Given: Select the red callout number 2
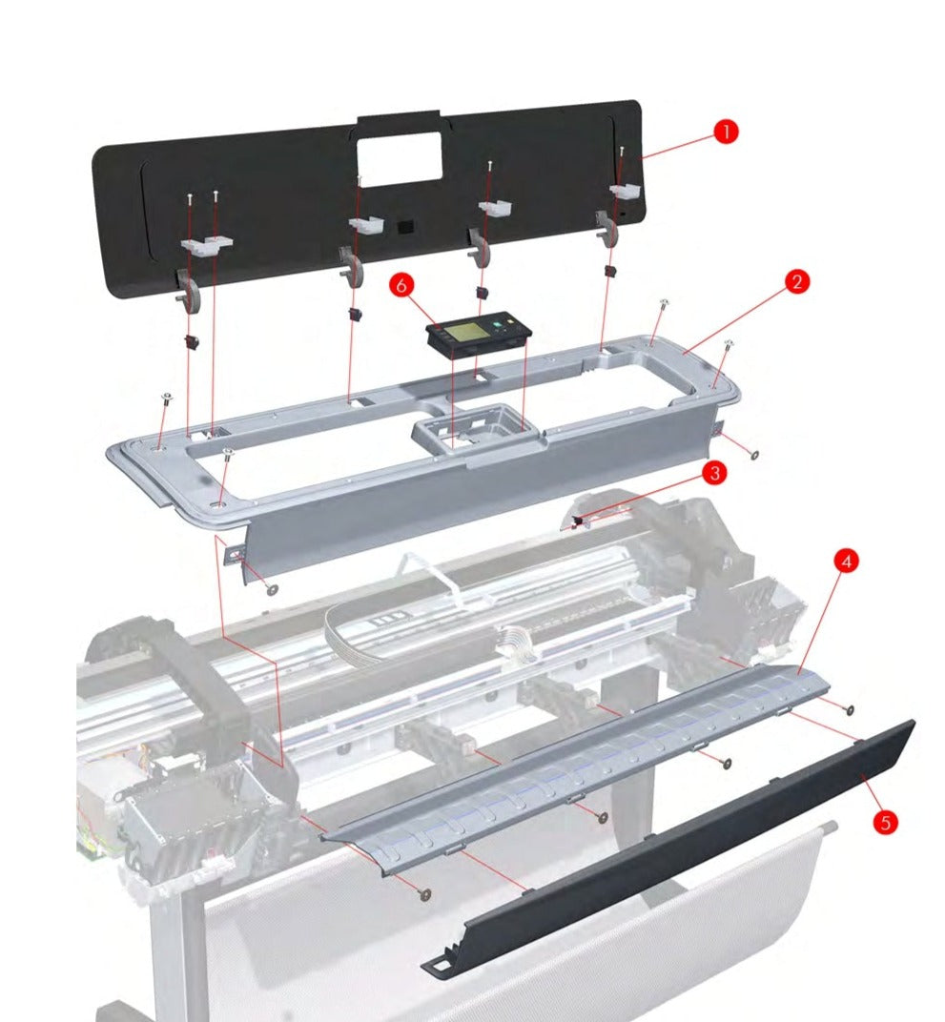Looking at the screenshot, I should [796, 281].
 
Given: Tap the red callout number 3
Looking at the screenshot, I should [713, 472].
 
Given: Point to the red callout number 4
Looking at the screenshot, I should [844, 562].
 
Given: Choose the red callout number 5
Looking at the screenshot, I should [886, 822].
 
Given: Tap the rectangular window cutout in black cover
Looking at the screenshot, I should [399, 153].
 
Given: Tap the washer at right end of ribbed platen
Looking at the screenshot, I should [850, 710].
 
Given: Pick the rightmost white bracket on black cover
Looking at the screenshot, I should [623, 191].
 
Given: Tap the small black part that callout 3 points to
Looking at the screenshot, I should [577, 521].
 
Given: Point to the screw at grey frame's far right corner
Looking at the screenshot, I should [729, 345].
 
